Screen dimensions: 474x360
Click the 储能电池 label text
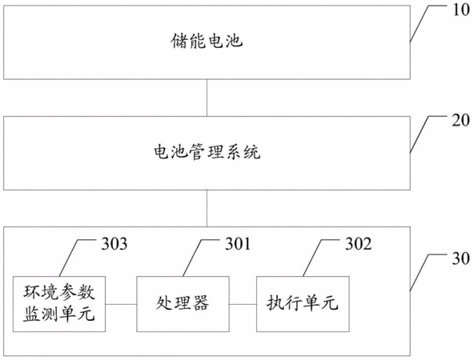(x=207, y=41)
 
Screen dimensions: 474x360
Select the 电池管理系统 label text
(x=207, y=152)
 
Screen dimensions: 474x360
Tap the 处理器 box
(x=183, y=304)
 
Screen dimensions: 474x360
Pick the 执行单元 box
(x=303, y=304)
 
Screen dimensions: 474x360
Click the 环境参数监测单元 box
(x=59, y=304)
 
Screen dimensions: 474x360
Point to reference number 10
(x=460, y=10)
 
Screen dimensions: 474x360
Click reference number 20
(x=460, y=121)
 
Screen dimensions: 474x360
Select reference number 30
(x=460, y=258)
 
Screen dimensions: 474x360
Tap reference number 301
(x=238, y=244)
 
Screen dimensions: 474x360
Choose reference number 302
(x=358, y=244)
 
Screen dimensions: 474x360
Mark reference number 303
(x=114, y=244)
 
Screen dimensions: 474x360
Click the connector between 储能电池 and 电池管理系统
(x=207, y=98)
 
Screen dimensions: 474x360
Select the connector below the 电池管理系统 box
(x=207, y=208)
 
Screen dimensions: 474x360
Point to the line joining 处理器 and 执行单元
(x=243, y=304)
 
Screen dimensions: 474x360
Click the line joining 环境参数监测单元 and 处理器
(x=121, y=304)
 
